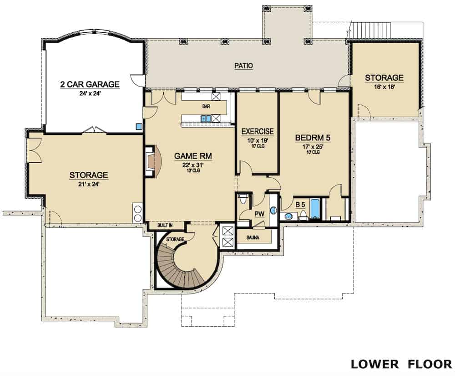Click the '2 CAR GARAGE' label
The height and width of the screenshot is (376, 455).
tap(90, 84)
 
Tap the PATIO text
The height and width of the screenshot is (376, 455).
tap(244, 66)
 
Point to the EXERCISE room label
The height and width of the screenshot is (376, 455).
tap(258, 132)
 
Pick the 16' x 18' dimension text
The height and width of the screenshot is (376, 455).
tap(384, 87)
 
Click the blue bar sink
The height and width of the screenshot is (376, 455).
tap(206, 119)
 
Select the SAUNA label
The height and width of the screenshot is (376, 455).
tap(253, 237)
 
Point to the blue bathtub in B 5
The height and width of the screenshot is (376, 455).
tap(315, 209)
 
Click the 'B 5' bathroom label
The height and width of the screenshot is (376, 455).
tap(300, 205)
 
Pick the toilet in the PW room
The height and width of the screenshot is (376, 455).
tap(243, 199)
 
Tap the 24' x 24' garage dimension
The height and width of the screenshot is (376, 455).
tap(90, 93)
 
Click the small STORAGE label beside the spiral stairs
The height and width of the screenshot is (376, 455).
tap(175, 239)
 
